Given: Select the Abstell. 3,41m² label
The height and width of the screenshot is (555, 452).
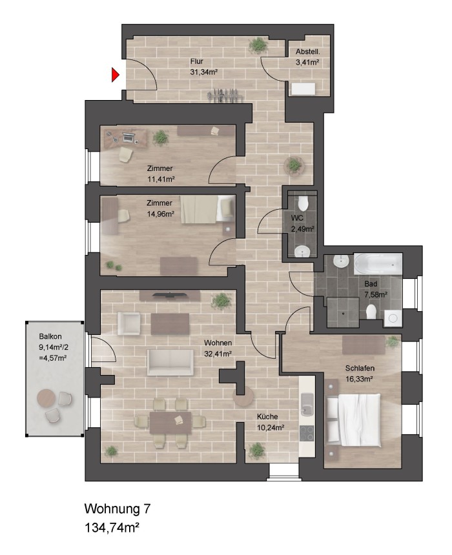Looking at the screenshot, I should (x=308, y=57).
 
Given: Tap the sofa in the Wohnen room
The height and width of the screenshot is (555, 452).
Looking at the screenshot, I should (x=170, y=363).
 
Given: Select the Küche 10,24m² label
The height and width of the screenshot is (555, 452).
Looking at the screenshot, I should (x=271, y=422).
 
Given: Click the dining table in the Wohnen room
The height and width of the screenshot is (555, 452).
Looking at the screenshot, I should (x=170, y=423).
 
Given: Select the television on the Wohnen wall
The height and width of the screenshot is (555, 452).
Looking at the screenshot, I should (x=170, y=296).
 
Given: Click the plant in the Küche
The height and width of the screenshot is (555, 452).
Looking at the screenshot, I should (x=259, y=449).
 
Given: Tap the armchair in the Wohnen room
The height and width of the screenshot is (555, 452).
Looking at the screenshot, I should (x=128, y=322).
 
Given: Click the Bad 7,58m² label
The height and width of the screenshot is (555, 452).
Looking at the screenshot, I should (x=375, y=288).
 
